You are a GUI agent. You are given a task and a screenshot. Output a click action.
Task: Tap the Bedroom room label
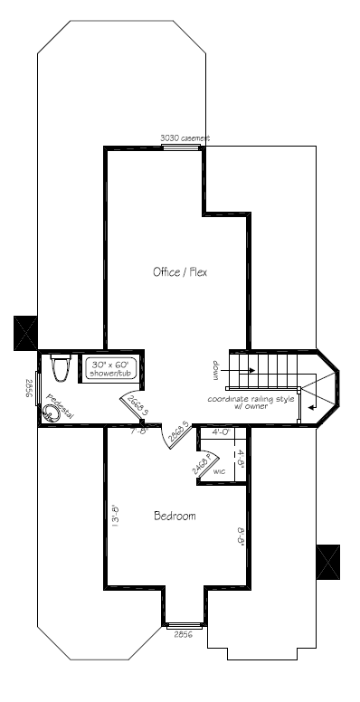[175, 516]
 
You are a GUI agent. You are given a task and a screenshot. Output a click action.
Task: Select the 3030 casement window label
[185, 138]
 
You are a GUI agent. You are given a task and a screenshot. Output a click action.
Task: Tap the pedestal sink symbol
[53, 413]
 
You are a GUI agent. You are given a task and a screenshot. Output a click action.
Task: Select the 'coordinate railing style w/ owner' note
[251, 403]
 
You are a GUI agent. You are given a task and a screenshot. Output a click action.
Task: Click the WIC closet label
[219, 472]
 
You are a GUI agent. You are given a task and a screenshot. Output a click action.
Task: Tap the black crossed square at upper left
[24, 332]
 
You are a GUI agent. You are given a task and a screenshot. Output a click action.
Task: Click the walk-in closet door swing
[204, 462]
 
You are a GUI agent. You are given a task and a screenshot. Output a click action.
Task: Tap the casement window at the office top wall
[181, 147]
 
